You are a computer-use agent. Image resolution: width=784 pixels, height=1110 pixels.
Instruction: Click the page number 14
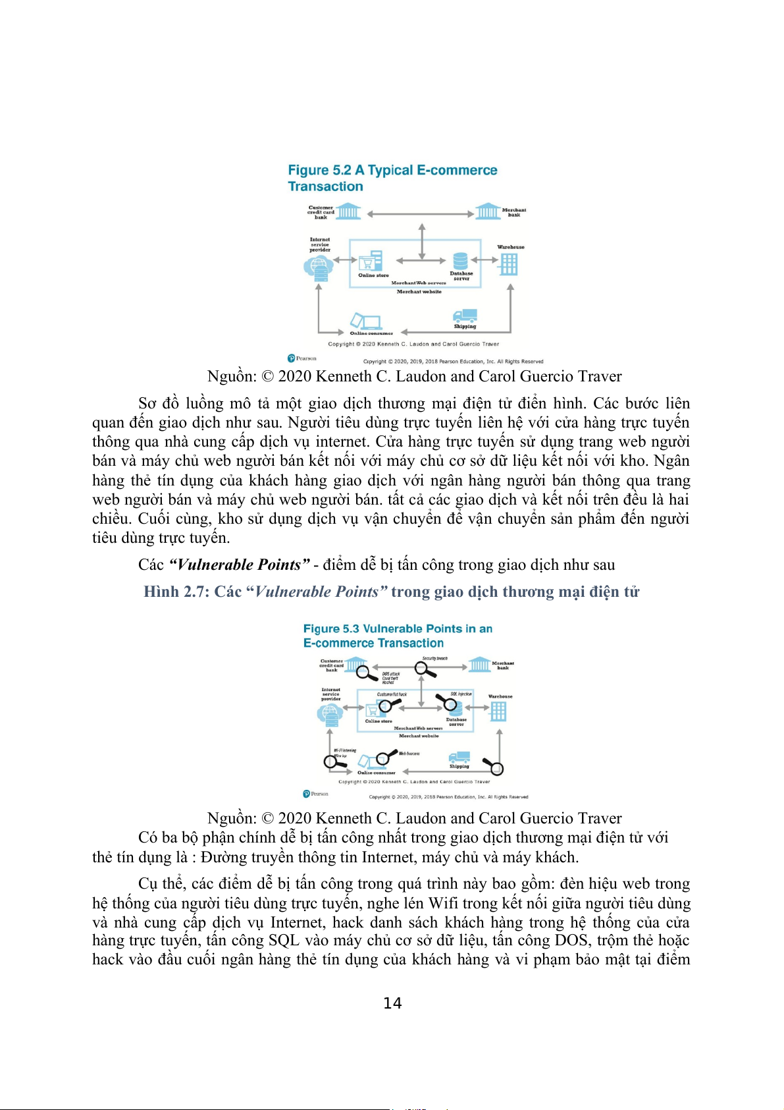pyautogui.click(x=392, y=1003)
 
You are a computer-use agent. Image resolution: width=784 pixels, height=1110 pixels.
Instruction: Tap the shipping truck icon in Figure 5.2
pyautogui.click(x=465, y=316)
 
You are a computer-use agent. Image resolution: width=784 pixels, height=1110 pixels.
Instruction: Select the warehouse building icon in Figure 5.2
pyautogui.click(x=509, y=264)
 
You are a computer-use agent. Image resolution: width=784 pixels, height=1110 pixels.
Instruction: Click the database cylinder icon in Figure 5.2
pyautogui.click(x=460, y=261)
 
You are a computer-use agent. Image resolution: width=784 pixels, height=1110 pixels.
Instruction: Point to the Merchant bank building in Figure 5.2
pyautogui.click(x=488, y=211)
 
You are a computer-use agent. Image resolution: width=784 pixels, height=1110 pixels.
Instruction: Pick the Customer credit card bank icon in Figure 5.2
pyautogui.click(x=349, y=211)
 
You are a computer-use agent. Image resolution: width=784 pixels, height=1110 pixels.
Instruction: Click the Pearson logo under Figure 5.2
pyautogui.click(x=302, y=358)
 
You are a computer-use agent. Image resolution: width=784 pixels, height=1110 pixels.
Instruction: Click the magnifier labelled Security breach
pyautogui.click(x=425, y=669)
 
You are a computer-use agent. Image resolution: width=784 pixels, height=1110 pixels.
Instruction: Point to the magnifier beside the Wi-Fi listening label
pyautogui.click(x=333, y=762)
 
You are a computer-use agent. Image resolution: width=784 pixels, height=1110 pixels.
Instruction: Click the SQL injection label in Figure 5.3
pyautogui.click(x=461, y=694)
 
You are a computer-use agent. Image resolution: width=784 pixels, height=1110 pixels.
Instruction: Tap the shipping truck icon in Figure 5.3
pyautogui.click(x=459, y=758)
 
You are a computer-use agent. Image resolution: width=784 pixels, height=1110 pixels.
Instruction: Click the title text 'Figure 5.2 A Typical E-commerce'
pyautogui.click(x=392, y=170)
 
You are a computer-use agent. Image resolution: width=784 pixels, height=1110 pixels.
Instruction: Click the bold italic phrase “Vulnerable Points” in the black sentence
pyautogui.click(x=239, y=565)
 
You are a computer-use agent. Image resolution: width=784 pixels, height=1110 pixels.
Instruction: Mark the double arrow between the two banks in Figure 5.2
pyautogui.click(x=421, y=214)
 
